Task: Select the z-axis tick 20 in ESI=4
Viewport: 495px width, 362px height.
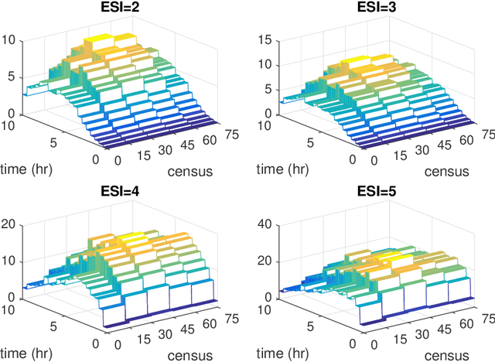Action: (x=11, y=225)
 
